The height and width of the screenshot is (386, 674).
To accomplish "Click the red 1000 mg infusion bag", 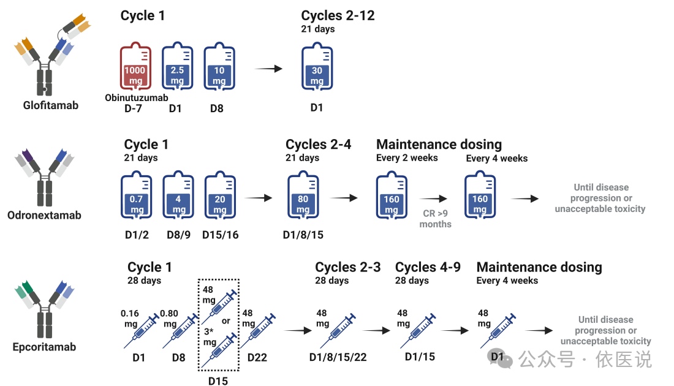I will coord(135,68).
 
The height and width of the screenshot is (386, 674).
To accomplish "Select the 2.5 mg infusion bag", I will coord(177,68).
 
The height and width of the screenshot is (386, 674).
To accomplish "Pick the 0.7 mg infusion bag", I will coord(136,197).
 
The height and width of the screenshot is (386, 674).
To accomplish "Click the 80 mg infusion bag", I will coord(303,197).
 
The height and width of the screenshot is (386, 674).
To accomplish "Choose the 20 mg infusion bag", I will coord(220,197).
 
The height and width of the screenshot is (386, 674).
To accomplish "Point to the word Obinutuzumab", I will coord(137,97).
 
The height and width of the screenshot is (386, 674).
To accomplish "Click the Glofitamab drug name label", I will coord(51,105).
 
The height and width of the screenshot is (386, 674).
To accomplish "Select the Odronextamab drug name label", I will coord(44,215).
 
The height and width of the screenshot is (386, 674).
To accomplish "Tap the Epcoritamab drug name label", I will coord(44,347).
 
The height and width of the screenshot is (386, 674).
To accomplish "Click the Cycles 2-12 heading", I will coord(338,16).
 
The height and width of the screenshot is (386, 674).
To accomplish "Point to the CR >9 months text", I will coord(436,219).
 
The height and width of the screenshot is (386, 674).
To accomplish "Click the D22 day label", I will coord(257,357).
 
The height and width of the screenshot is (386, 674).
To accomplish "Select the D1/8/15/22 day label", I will coord(338,357).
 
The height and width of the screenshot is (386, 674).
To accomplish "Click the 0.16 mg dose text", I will coord(131,318).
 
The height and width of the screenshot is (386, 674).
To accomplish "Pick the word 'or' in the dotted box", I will coord(226,321).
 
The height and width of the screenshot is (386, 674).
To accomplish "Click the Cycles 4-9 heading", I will coord(428,267).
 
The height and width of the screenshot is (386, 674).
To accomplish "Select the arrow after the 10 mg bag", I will coord(268,69).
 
